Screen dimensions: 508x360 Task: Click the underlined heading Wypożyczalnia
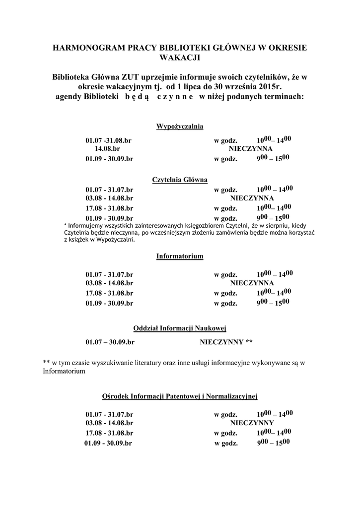point(180,126)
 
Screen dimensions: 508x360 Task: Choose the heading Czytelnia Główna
point(180,179)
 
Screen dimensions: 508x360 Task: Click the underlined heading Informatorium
point(180,256)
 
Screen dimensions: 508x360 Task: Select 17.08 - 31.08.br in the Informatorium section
point(109,293)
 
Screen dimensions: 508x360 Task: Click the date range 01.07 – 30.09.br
point(110,342)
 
